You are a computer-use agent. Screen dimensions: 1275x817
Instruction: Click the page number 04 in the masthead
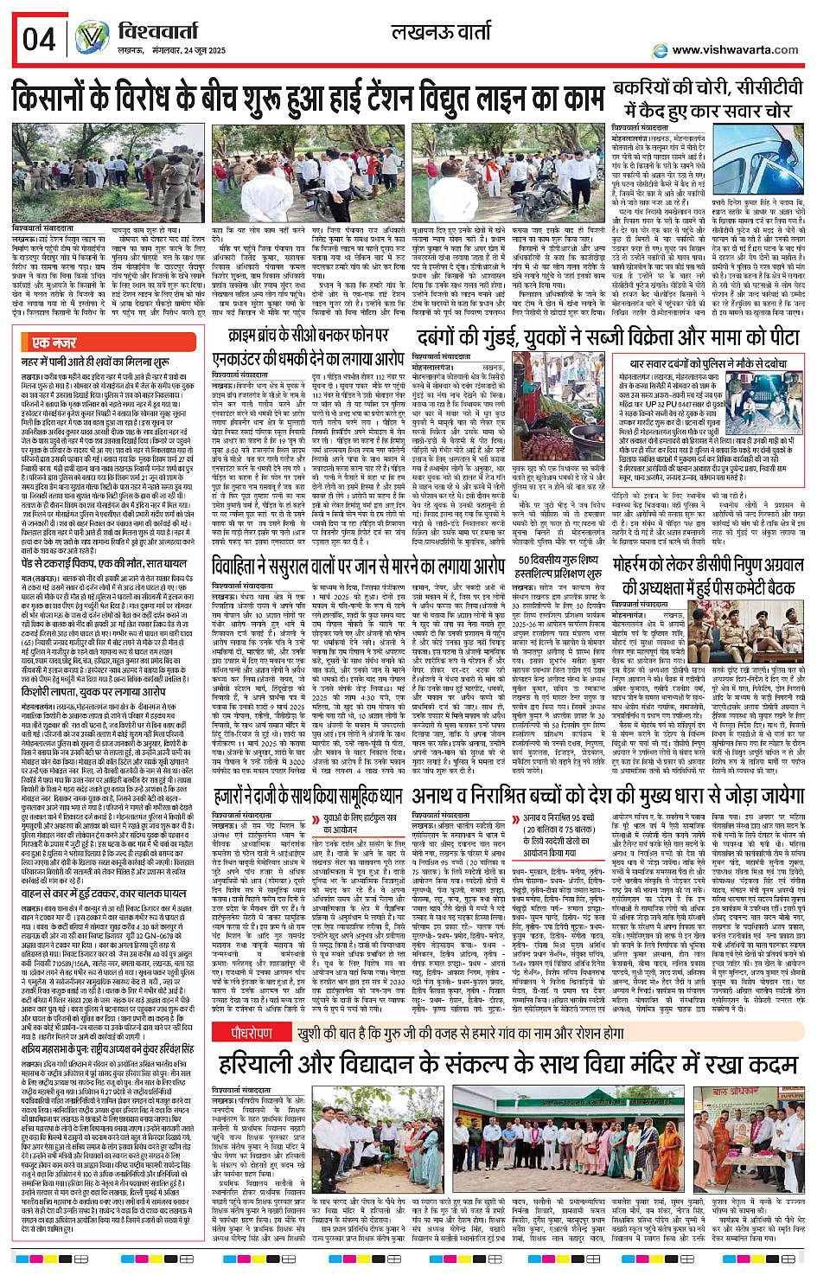tap(39, 39)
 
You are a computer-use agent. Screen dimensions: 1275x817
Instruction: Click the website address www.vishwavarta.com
tap(735, 49)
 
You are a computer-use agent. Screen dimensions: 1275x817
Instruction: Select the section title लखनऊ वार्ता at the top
tap(442, 33)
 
